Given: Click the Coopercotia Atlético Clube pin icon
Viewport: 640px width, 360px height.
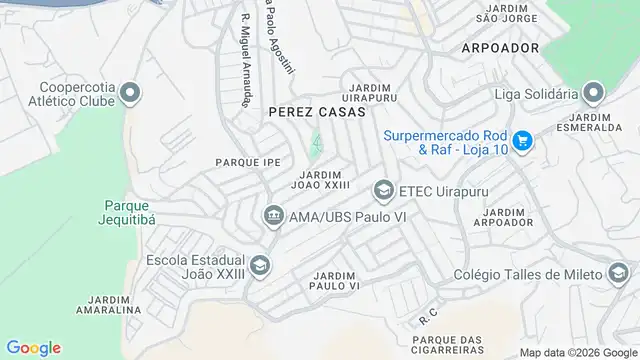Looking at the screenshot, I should click(x=129, y=95).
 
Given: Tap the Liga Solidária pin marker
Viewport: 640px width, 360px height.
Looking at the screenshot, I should click(x=593, y=95).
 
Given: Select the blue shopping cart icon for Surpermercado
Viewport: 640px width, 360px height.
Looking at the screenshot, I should click(x=521, y=145).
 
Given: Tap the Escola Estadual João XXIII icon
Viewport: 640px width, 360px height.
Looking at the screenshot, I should click(x=260, y=264).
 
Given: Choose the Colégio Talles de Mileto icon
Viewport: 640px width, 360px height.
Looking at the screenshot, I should click(x=617, y=273).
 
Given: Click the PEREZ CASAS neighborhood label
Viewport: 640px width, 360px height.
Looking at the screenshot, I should click(x=305, y=114).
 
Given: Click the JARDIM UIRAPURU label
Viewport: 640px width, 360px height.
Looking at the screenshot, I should click(x=364, y=92).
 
